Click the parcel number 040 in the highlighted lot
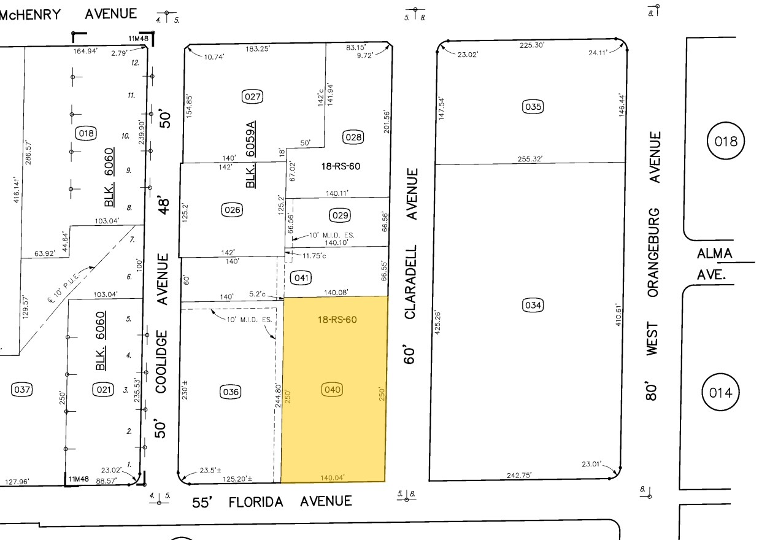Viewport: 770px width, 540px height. click(333, 389)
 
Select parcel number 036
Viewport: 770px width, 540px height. click(231, 391)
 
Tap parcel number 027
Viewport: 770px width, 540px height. click(253, 96)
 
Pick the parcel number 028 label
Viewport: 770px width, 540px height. click(353, 137)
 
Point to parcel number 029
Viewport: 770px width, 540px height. click(340, 215)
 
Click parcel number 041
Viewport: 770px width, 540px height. click(302, 277)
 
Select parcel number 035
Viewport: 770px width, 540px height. click(533, 107)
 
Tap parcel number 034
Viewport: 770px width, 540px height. click(533, 305)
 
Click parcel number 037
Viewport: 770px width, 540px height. click(22, 389)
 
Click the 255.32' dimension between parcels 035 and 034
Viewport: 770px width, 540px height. click(531, 159)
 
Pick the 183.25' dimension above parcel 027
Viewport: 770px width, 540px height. click(258, 48)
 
